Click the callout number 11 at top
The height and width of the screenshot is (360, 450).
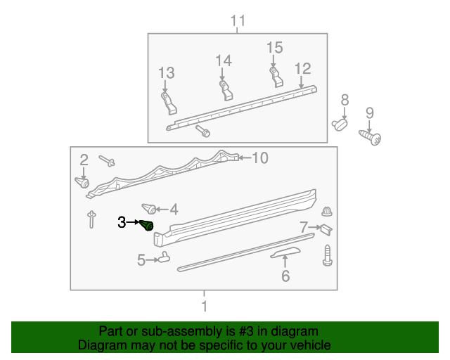pos(238,21)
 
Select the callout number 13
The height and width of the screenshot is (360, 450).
pos(166,73)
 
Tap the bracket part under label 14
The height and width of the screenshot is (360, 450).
pos(224,89)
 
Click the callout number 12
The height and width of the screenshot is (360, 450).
pos(302,69)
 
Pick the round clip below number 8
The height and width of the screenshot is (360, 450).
pos(341,125)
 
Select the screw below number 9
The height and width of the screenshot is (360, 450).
pos(371,137)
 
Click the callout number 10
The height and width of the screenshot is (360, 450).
pos(259,158)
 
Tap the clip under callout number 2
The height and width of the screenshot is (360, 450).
pos(83,183)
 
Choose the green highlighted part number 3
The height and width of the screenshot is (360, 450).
pos(148,226)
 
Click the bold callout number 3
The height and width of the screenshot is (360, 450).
pos(122,222)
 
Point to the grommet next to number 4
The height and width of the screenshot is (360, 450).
pos(148,208)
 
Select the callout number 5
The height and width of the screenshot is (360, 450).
pos(141,261)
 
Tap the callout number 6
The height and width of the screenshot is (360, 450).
pos(285,276)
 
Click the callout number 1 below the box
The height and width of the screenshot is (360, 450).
pos(204,307)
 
